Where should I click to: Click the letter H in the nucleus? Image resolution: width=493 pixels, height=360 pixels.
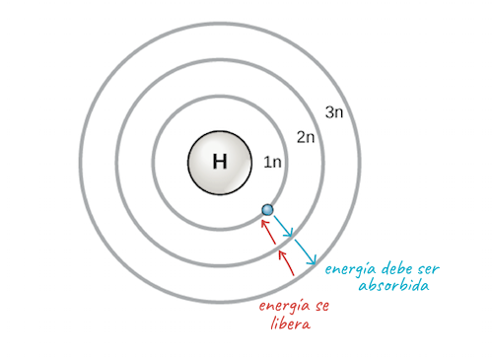(x=219, y=162)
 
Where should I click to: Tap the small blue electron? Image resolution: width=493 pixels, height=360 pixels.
(x=266, y=209)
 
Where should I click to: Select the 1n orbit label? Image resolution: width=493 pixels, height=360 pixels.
(x=272, y=162)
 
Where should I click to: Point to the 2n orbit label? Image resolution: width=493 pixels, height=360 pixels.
(x=307, y=137)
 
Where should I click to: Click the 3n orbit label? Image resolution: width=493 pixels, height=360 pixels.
(x=334, y=111)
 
